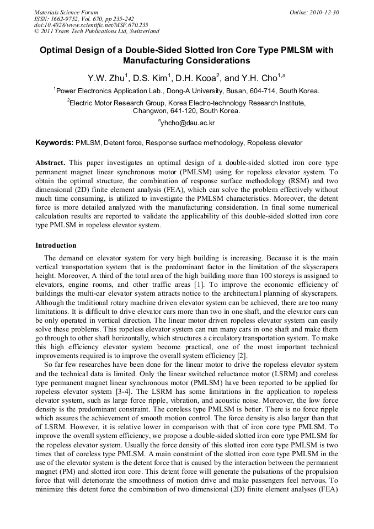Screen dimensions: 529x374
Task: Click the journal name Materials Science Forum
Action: click(66, 12)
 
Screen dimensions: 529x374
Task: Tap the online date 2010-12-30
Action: click(325, 12)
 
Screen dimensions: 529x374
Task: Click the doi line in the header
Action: click(91, 25)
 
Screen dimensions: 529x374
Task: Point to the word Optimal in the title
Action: click(57, 50)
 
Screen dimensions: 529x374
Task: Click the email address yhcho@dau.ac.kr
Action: click(187, 122)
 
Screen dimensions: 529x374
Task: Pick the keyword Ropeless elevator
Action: click(274, 143)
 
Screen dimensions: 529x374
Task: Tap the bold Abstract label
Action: click(50, 164)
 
